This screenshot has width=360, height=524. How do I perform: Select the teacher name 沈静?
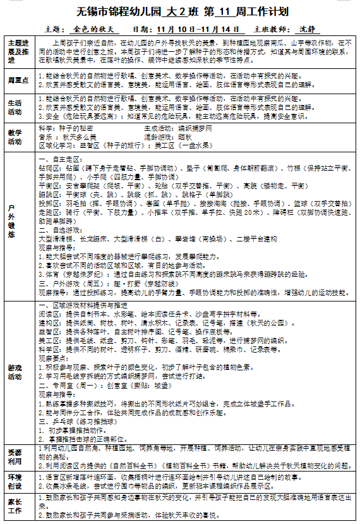(306, 29)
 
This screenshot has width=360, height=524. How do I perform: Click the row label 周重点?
(18, 80)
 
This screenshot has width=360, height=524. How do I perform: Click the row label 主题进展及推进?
(18, 51)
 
